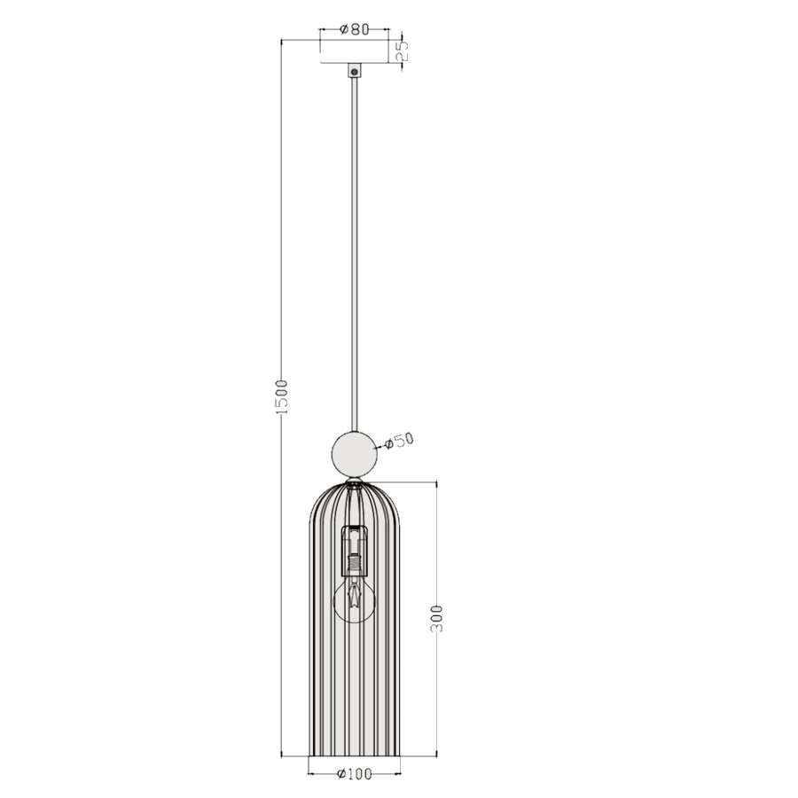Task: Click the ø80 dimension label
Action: [x=354, y=29]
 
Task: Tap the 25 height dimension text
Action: [x=401, y=51]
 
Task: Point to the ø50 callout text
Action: [x=399, y=441]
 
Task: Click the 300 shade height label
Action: [x=435, y=618]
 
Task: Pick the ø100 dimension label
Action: [x=354, y=774]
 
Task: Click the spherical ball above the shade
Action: [x=354, y=453]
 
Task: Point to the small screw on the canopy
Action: [x=354, y=70]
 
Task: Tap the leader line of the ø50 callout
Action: [x=382, y=446]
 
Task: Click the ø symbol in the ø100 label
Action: [x=341, y=774]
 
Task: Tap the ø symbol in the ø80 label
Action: [x=343, y=29]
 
